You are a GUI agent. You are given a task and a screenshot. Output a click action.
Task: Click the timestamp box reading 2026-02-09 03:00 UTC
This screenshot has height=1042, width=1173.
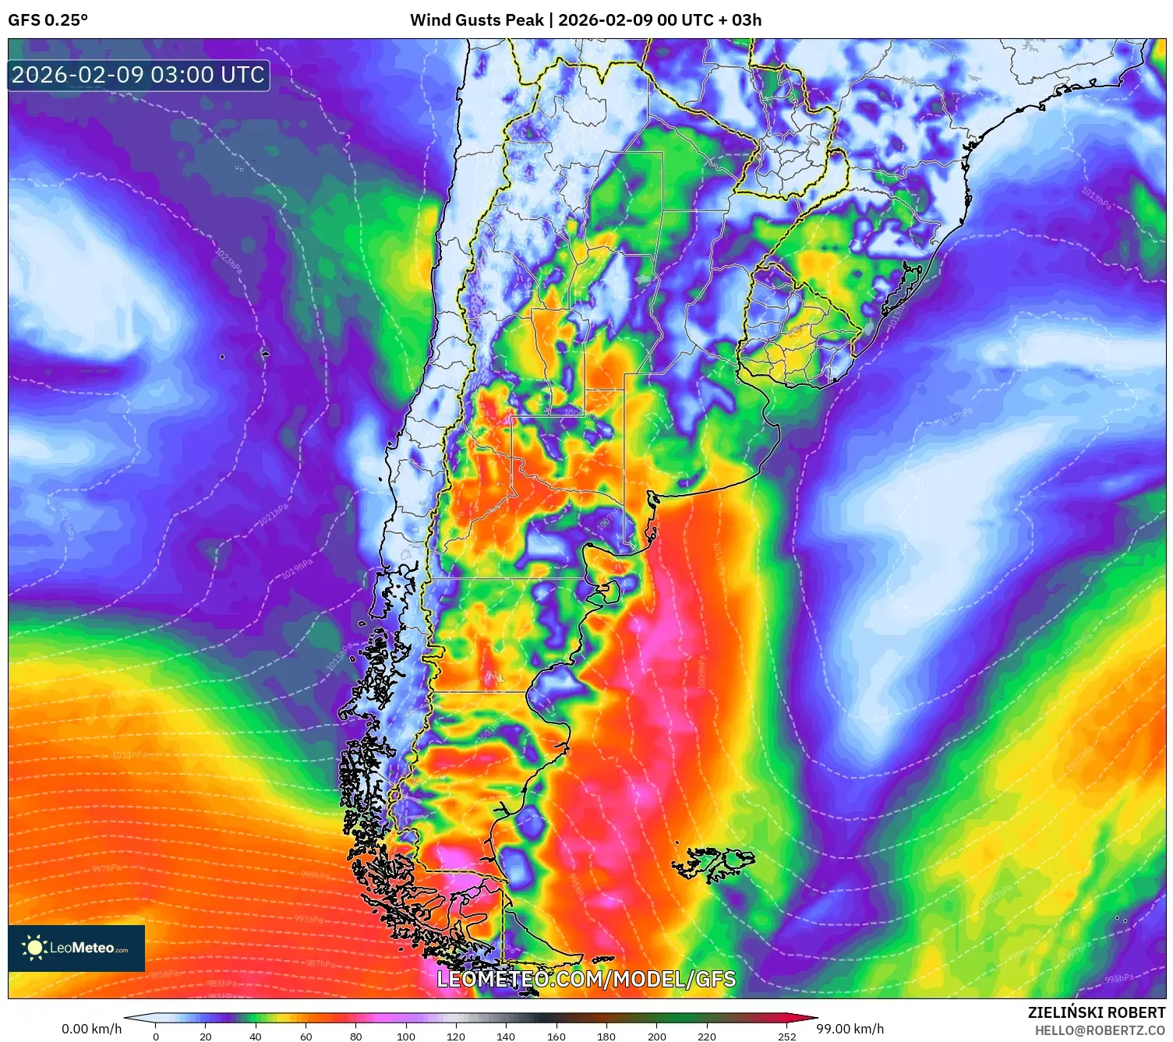pyautogui.click(x=138, y=75)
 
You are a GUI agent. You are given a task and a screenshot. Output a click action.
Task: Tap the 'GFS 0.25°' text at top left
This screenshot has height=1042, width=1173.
pyautogui.click(x=48, y=20)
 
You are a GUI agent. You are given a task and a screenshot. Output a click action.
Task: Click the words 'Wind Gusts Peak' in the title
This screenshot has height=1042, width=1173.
pyautogui.click(x=476, y=20)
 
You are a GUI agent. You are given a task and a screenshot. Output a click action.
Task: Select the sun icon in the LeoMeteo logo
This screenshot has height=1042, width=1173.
pyautogui.click(x=34, y=948)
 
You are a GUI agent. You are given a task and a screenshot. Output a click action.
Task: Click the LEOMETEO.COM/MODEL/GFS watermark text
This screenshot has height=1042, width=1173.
pyautogui.click(x=586, y=979)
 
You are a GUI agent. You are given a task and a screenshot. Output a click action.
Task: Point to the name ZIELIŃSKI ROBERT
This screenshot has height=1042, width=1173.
pyautogui.click(x=1096, y=1013)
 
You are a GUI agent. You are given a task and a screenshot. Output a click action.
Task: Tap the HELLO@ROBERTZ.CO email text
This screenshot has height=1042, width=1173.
pyautogui.click(x=1100, y=1030)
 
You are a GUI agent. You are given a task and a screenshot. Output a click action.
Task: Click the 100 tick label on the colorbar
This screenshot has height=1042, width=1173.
pyautogui.click(x=405, y=1037)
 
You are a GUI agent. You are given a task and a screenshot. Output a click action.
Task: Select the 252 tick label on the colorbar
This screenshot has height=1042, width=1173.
pyautogui.click(x=787, y=1037)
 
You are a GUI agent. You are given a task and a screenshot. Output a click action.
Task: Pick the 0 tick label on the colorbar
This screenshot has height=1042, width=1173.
pyautogui.click(x=156, y=1037)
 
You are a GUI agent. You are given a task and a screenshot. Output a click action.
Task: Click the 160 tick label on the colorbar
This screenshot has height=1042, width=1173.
pyautogui.click(x=556, y=1037)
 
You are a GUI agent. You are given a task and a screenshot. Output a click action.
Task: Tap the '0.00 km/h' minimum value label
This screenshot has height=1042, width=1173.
pyautogui.click(x=92, y=1029)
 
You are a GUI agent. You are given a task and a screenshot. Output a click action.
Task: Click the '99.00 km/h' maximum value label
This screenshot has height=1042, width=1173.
pyautogui.click(x=850, y=1029)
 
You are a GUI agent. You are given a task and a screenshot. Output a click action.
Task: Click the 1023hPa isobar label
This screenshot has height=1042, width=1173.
pyautogui.click(x=228, y=260)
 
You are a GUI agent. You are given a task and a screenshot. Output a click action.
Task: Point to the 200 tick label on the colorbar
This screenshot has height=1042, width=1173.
pyautogui.click(x=657, y=1037)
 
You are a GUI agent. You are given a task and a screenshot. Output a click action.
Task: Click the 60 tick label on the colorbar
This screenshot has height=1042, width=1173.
pyautogui.click(x=306, y=1037)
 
